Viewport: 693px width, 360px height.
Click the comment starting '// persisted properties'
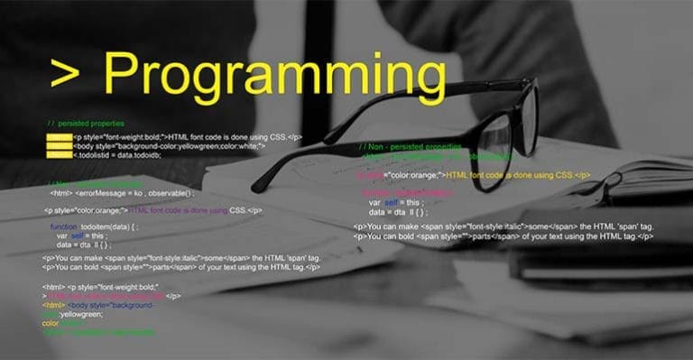[x=86, y=123]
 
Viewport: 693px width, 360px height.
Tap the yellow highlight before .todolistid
[x=58, y=154]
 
